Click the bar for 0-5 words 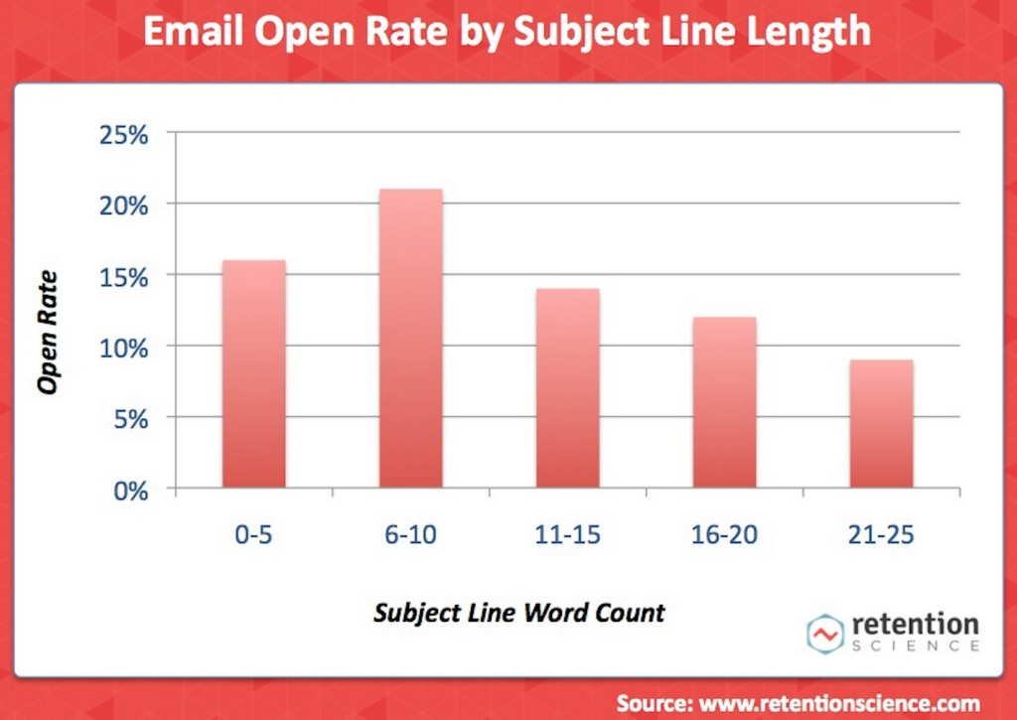254,374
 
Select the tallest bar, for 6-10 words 411,339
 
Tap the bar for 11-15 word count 568,388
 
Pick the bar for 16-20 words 725,402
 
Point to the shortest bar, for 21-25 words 882,424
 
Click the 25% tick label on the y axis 124,134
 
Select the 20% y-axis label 124,206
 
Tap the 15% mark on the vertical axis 124,277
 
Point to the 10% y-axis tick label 124,349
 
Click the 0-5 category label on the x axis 254,534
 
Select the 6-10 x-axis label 411,534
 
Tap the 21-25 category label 882,534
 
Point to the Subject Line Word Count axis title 518,612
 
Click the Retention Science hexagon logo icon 822,633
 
